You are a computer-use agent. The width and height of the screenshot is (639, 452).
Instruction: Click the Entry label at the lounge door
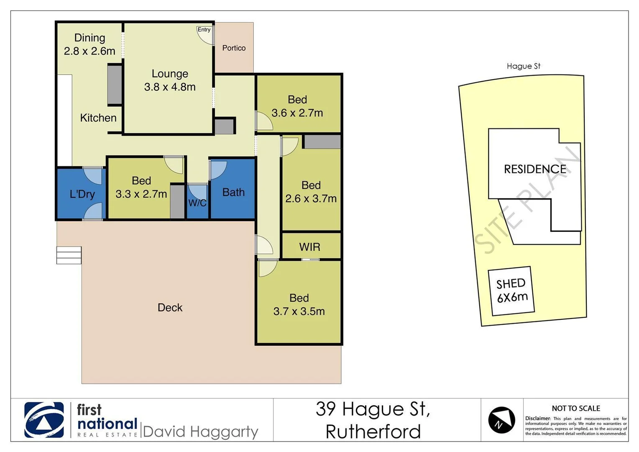pyautogui.click(x=204, y=30)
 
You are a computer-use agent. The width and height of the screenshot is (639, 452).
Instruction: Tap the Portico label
pyautogui.click(x=234, y=48)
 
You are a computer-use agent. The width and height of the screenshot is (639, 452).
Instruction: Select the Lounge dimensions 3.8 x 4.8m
pyautogui.click(x=170, y=87)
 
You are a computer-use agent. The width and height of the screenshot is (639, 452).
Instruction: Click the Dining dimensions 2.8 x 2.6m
pyautogui.click(x=89, y=51)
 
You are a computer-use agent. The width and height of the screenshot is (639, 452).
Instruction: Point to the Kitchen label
pyautogui.click(x=98, y=118)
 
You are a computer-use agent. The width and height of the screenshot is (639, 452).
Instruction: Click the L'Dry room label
pyautogui.click(x=82, y=194)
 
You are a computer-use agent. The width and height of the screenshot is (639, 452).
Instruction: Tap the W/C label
pyautogui.click(x=197, y=203)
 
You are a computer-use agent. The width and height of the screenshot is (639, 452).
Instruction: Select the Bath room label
pyautogui.click(x=233, y=193)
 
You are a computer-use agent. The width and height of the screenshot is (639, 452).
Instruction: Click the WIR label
pyautogui.click(x=309, y=247)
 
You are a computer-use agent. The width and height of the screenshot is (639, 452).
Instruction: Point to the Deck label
pyautogui.click(x=170, y=308)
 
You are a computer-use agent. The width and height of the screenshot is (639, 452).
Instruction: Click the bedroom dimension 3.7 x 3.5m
pyautogui.click(x=299, y=311)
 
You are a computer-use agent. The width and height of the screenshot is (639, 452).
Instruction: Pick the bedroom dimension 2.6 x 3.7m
pyautogui.click(x=311, y=199)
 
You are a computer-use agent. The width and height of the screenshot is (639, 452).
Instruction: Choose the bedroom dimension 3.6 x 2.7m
pyautogui.click(x=297, y=113)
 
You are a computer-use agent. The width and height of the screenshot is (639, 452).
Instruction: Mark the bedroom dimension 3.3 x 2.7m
pyautogui.click(x=141, y=194)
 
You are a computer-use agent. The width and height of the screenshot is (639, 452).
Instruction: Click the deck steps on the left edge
pyautogui.click(x=69, y=255)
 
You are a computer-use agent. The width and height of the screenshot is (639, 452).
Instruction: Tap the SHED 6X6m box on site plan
pyautogui.click(x=511, y=291)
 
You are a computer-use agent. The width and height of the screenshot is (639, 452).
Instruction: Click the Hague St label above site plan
pyautogui.click(x=523, y=66)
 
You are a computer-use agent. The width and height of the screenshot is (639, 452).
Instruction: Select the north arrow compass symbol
pyautogui.click(x=501, y=420)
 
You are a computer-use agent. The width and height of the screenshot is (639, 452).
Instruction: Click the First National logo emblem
pyautogui.click(x=44, y=420)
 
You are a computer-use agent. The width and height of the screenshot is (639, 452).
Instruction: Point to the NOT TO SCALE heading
pyautogui.click(x=575, y=408)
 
